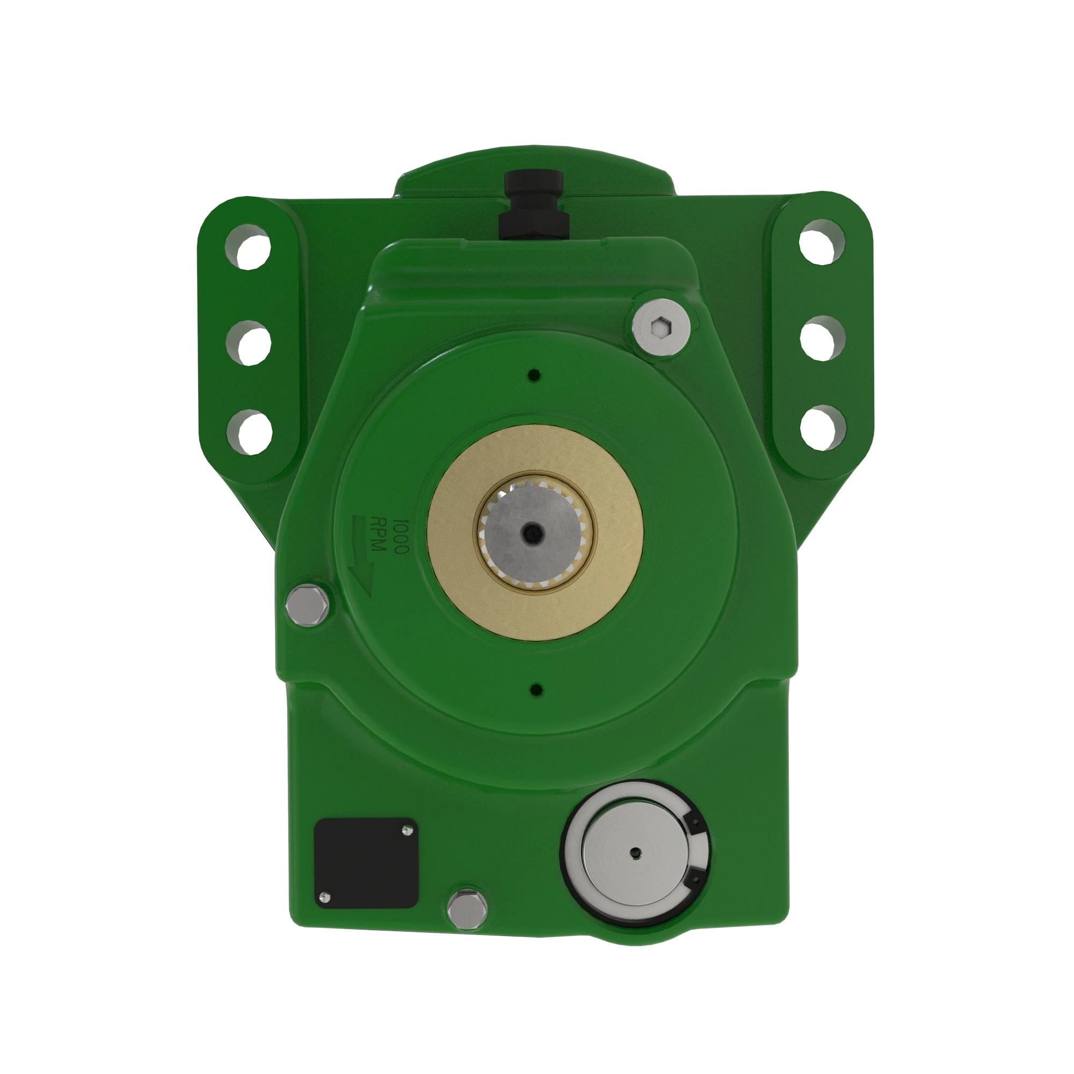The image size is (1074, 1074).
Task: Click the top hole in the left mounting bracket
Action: [x=248, y=246]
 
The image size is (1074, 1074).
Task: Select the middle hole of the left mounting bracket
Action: [x=249, y=344]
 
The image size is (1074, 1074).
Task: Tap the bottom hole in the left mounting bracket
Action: [x=250, y=432]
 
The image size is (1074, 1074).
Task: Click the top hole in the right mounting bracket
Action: [x=822, y=242]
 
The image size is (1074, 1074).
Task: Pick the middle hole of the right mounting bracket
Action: [x=824, y=337]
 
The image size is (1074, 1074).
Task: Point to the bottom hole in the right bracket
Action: [x=824, y=428]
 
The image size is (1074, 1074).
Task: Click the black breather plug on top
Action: [x=533, y=205]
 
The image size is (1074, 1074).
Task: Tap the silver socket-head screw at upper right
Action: [x=662, y=326]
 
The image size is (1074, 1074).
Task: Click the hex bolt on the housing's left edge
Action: [x=307, y=605]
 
